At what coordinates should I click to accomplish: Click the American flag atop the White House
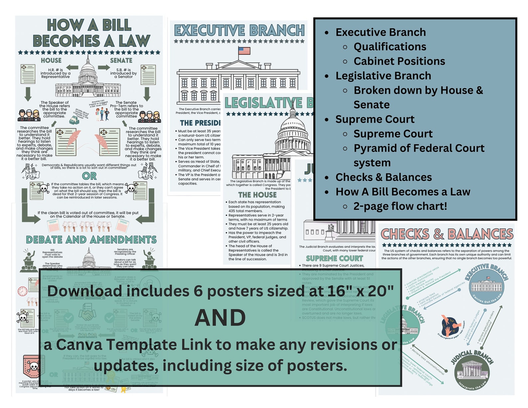click(x=244, y=51)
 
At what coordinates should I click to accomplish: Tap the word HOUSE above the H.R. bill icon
click(x=51, y=60)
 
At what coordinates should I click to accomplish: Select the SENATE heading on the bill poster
click(x=121, y=60)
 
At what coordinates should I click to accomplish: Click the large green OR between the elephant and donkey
click(x=89, y=176)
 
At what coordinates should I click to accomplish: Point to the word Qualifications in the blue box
click(x=390, y=47)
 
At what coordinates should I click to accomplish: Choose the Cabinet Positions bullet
click(x=399, y=61)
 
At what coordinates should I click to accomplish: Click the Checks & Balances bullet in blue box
click(x=383, y=177)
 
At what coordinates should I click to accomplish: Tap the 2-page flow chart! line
click(x=400, y=206)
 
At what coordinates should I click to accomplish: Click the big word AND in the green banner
click(x=220, y=318)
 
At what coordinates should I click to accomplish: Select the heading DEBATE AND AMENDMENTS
click(x=91, y=240)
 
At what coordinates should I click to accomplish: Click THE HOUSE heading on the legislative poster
click(x=257, y=195)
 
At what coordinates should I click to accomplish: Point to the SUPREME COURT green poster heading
click(x=334, y=258)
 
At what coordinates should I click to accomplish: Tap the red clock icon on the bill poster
click(x=23, y=291)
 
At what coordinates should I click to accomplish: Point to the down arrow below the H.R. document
click(x=28, y=94)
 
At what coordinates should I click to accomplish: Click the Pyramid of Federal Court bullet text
click(x=419, y=148)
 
